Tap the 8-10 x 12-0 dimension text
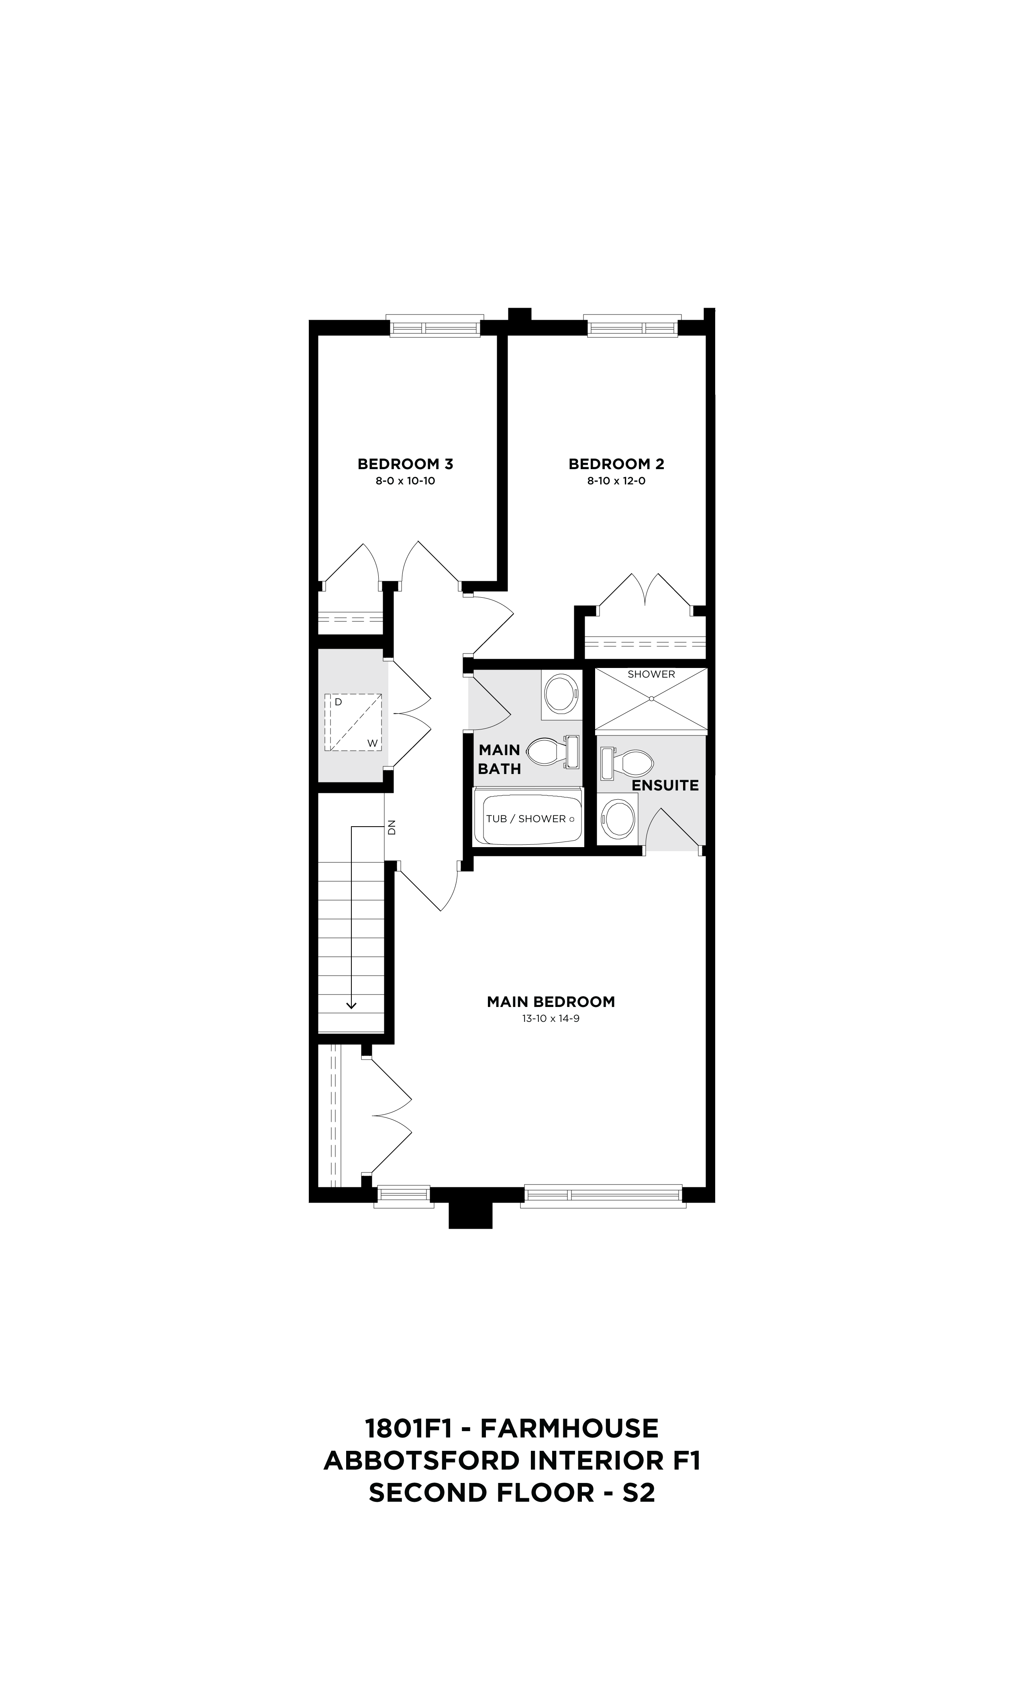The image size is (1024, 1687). tap(616, 481)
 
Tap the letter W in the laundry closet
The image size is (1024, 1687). tap(372, 743)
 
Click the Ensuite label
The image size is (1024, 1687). tap(665, 785)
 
